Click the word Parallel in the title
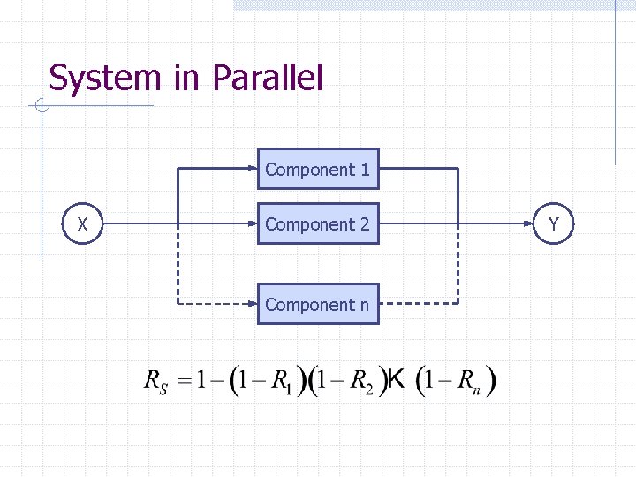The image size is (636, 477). pyautogui.click(x=268, y=78)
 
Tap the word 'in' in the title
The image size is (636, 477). pyautogui.click(x=186, y=78)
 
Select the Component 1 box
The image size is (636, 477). pyautogui.click(x=318, y=169)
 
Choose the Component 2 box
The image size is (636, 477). pyautogui.click(x=318, y=224)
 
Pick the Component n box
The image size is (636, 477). pyautogui.click(x=318, y=304)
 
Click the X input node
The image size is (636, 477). pyautogui.click(x=82, y=224)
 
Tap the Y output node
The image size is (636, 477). pyautogui.click(x=553, y=224)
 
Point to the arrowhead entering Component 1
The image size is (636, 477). pyautogui.click(x=253, y=169)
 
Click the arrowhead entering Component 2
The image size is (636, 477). pyautogui.click(x=253, y=224)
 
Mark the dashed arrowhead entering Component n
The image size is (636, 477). pyautogui.click(x=253, y=304)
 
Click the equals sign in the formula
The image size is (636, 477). pyautogui.click(x=184, y=382)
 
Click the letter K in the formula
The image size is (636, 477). pyautogui.click(x=397, y=380)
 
